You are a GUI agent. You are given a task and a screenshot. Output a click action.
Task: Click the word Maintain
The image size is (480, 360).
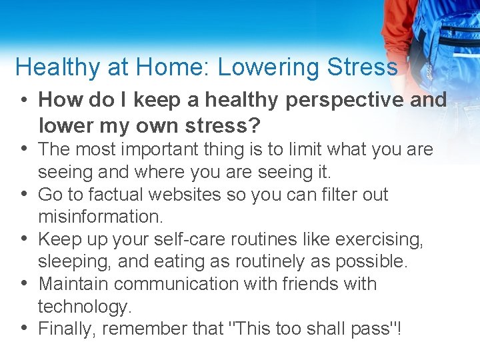pyautogui.click(x=71, y=284)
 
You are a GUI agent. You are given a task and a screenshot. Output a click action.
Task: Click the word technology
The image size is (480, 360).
pyautogui.click(x=83, y=307)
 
